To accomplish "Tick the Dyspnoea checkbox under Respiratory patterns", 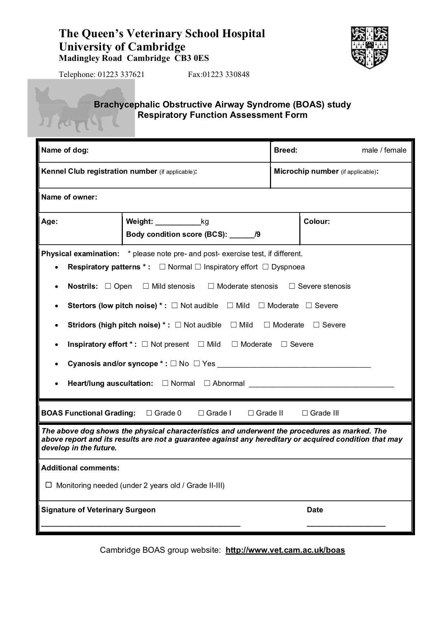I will [265, 267].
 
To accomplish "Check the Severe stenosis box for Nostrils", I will [292, 286].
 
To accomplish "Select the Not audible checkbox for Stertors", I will [174, 306].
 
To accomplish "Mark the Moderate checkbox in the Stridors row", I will [267, 325].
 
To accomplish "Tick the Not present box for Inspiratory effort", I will [145, 344].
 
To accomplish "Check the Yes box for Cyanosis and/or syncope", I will [197, 364].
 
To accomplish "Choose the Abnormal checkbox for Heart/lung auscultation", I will [207, 383].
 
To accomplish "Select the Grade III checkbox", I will [305, 413].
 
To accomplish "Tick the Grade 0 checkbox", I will [149, 413].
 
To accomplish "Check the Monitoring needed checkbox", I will [49, 485].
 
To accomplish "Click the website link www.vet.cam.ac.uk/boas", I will [285, 550].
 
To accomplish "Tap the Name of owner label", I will [69, 197].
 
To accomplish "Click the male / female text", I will [384, 150].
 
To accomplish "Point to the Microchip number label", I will [306, 171].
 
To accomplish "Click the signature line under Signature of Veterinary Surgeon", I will [141, 525].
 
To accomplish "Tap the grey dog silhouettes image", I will [81, 108].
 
